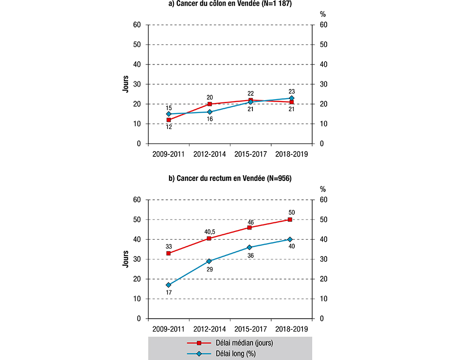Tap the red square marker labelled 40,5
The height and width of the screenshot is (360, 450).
click(x=210, y=238)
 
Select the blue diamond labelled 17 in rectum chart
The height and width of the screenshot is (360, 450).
click(x=169, y=285)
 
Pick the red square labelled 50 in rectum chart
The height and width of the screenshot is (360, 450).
click(x=290, y=219)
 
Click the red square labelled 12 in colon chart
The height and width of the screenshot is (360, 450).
click(x=169, y=120)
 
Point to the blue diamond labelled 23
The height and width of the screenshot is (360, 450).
click(x=291, y=98)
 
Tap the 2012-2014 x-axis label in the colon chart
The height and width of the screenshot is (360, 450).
click(x=210, y=154)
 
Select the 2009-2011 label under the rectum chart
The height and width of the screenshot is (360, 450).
click(x=169, y=330)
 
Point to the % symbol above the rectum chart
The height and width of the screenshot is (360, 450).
click(x=323, y=189)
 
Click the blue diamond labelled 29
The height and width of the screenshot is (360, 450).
click(x=210, y=261)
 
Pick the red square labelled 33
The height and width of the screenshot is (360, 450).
click(x=169, y=253)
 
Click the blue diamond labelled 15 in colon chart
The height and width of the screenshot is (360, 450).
click(x=169, y=114)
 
